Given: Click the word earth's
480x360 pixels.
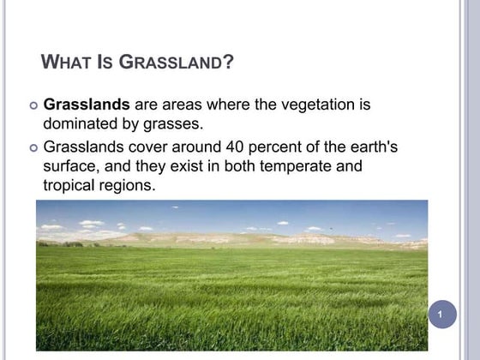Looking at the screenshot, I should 370,147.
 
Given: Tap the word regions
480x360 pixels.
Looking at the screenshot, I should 128,184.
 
